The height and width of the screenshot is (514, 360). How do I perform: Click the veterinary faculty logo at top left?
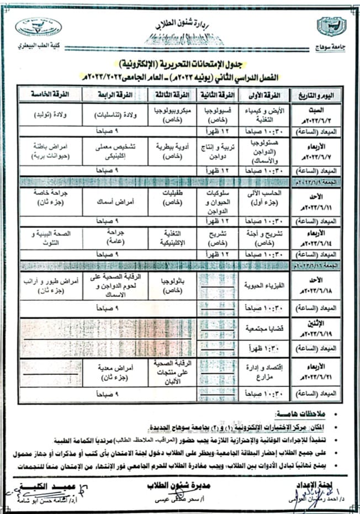coord(38,27)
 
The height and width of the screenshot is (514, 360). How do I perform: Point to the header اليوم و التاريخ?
coord(313,95)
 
